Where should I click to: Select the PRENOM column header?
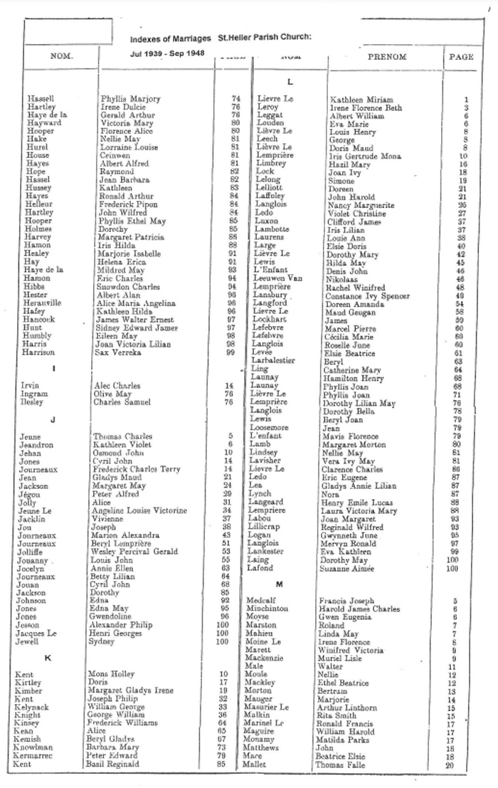click(386, 57)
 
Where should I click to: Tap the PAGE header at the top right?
click(462, 57)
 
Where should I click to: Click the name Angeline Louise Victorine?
click(140, 510)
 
